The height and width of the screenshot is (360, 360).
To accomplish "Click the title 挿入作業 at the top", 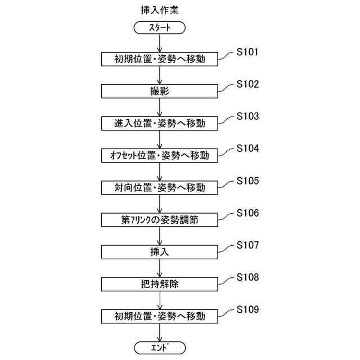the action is pyautogui.click(x=160, y=10).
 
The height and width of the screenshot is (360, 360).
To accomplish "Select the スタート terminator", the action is pyautogui.click(x=160, y=27).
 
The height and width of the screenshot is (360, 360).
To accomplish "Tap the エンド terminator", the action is pyautogui.click(x=160, y=348).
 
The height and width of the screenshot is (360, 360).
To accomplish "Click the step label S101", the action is pyautogui.click(x=247, y=52).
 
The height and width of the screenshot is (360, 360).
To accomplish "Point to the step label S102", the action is pyautogui.click(x=247, y=84).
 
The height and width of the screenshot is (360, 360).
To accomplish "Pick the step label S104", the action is pyautogui.click(x=247, y=148).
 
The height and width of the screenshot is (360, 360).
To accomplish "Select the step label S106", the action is pyautogui.click(x=247, y=213).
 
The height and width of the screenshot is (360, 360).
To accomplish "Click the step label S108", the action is pyautogui.click(x=247, y=277).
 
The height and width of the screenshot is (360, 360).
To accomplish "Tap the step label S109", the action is pyautogui.click(x=247, y=309).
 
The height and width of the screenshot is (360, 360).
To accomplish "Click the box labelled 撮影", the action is pyautogui.click(x=160, y=91).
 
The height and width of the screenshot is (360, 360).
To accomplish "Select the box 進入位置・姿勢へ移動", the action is pyautogui.click(x=160, y=123).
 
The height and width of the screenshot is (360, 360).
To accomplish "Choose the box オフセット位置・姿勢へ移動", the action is pyautogui.click(x=160, y=155).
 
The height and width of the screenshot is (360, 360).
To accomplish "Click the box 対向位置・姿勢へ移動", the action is pyautogui.click(x=160, y=187).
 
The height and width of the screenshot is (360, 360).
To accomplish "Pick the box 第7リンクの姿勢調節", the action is pyautogui.click(x=160, y=219).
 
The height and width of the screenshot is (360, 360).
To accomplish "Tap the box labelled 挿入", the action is pyautogui.click(x=160, y=251).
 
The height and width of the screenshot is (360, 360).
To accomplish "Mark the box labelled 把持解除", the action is pyautogui.click(x=160, y=284).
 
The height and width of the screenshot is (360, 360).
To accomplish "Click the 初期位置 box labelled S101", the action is pyautogui.click(x=160, y=59).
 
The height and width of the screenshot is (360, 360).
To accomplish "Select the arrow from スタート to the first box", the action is pyautogui.click(x=160, y=43).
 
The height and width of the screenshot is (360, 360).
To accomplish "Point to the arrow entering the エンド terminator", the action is pyautogui.click(x=160, y=332).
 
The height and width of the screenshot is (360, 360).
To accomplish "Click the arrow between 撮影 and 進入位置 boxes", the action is pyautogui.click(x=160, y=107).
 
